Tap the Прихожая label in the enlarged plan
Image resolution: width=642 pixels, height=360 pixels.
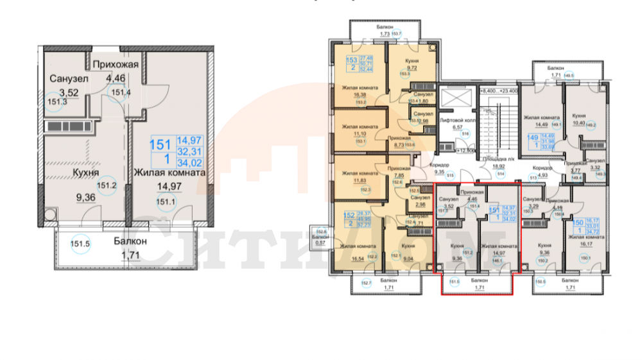[x=114, y=64]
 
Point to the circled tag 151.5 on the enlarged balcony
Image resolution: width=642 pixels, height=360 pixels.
[x=79, y=244]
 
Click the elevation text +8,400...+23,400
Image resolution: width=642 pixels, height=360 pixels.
[x=499, y=91]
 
